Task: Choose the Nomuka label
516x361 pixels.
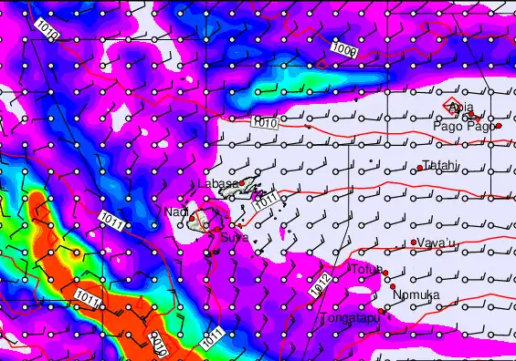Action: pyautogui.click(x=416, y=295)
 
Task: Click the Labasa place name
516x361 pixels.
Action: pyautogui.click(x=218, y=184)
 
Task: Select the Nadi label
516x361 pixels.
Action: pyautogui.click(x=175, y=212)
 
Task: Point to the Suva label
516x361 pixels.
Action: pyautogui.click(x=232, y=238)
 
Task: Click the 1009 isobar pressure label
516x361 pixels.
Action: pyautogui.click(x=344, y=47)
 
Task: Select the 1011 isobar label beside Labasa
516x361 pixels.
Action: pyautogui.click(x=264, y=205)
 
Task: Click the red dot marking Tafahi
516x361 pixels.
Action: pyautogui.click(x=419, y=168)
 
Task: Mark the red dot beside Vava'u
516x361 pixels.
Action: pyautogui.click(x=414, y=242)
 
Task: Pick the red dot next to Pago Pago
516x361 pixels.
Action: pyautogui.click(x=499, y=126)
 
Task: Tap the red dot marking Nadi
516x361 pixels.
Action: pyautogui.click(x=192, y=216)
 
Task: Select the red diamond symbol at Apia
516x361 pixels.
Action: pyautogui.click(x=454, y=108)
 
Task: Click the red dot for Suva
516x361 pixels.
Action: pyautogui.click(x=232, y=226)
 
